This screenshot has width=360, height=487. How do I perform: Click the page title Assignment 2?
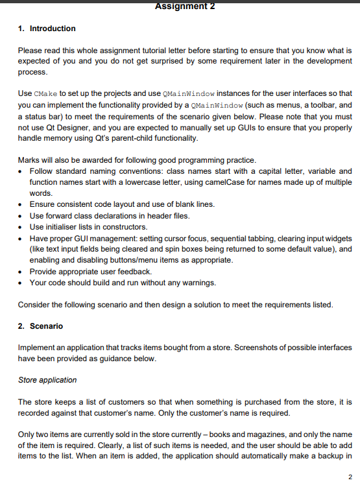(185, 6)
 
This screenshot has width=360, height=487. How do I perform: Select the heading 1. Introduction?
(47, 29)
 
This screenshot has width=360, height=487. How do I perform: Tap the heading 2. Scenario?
(40, 326)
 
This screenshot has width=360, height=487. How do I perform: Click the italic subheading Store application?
(47, 379)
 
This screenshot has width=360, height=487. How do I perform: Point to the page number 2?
(350, 479)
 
